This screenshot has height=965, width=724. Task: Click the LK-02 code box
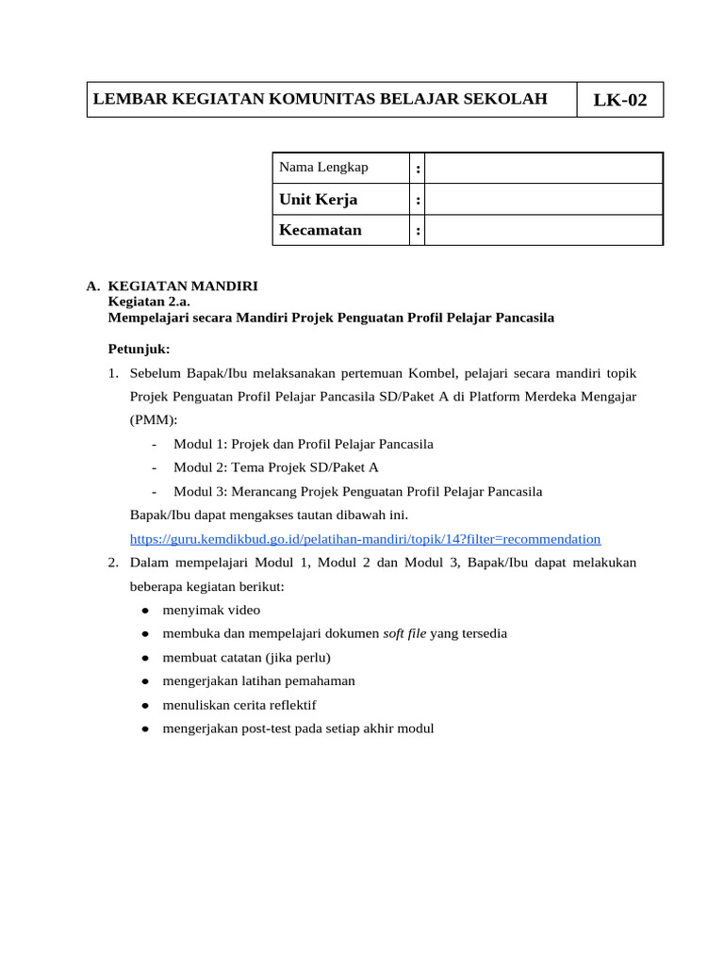pyautogui.click(x=619, y=100)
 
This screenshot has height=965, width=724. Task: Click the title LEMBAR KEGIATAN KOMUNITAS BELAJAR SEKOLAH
pyautogui.click(x=320, y=99)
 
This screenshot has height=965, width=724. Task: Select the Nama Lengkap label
pyautogui.click(x=323, y=168)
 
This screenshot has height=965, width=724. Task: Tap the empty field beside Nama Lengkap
pyautogui.click(x=543, y=169)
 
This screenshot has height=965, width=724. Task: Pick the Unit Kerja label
pyautogui.click(x=318, y=200)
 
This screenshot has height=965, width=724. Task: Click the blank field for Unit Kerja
pyautogui.click(x=543, y=200)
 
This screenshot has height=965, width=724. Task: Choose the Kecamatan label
pyautogui.click(x=321, y=230)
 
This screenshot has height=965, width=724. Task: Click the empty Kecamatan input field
pyautogui.click(x=543, y=230)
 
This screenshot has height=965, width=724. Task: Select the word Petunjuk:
pyautogui.click(x=140, y=349)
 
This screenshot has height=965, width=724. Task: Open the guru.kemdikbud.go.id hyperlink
pyautogui.click(x=365, y=539)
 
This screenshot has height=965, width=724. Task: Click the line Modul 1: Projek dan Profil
pyautogui.click(x=304, y=444)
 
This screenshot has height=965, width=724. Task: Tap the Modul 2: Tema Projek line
pyautogui.click(x=275, y=467)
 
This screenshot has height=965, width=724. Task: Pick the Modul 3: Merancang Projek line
pyautogui.click(x=357, y=491)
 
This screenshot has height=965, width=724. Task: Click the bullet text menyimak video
pyautogui.click(x=211, y=610)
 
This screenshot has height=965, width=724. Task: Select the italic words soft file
pyautogui.click(x=404, y=633)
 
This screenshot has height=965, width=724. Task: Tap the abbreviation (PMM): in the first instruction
pyautogui.click(x=153, y=420)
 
